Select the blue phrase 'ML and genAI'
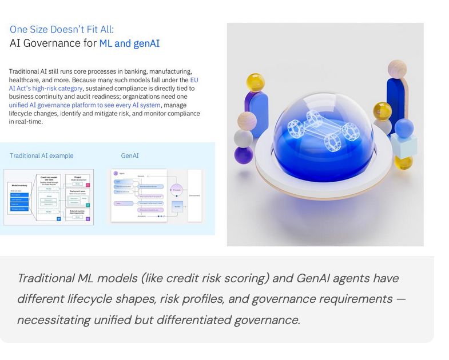(129, 43)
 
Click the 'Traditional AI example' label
(41, 155)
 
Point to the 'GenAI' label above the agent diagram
(130, 155)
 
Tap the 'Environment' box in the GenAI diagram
(195, 195)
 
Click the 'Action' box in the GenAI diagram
(177, 206)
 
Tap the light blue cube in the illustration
(404, 146)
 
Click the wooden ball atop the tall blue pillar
(397, 70)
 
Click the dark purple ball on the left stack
(244, 155)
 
